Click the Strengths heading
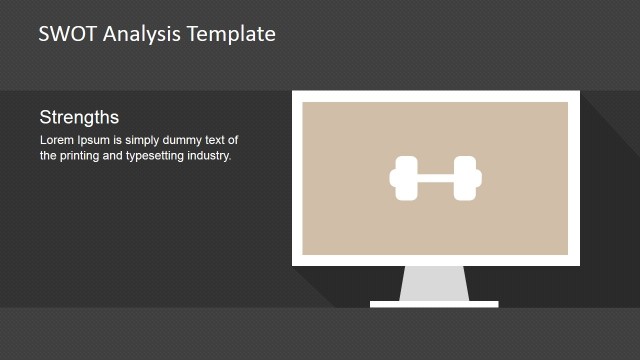79,117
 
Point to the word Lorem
56,140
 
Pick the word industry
211,156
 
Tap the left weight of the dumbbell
404,178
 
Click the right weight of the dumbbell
466,178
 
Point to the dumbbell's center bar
435,178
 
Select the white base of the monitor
434,304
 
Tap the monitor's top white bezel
436,96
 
